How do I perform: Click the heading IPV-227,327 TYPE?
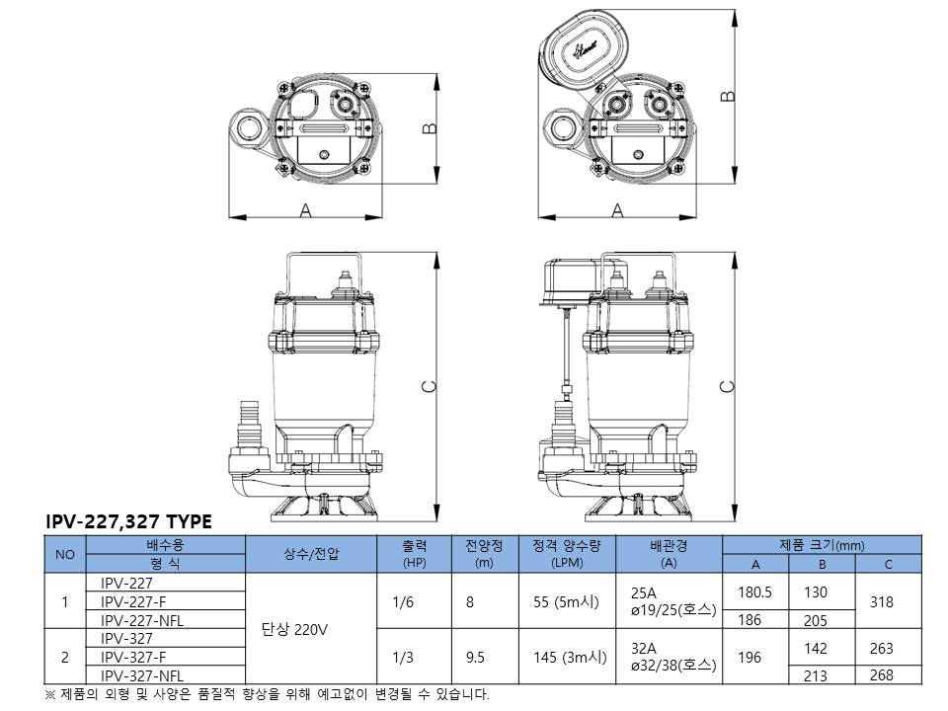[128, 521]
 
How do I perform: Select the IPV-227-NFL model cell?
[142, 620]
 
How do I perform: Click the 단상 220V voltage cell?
[294, 629]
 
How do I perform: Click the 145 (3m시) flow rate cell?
[567, 657]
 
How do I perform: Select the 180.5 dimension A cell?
[755, 592]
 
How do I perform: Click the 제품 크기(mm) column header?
[822, 545]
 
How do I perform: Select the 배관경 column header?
[669, 545]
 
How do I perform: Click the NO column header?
[65, 554]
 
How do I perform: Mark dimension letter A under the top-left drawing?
[305, 210]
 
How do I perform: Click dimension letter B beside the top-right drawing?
[729, 95]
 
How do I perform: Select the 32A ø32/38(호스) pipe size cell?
[672, 657]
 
